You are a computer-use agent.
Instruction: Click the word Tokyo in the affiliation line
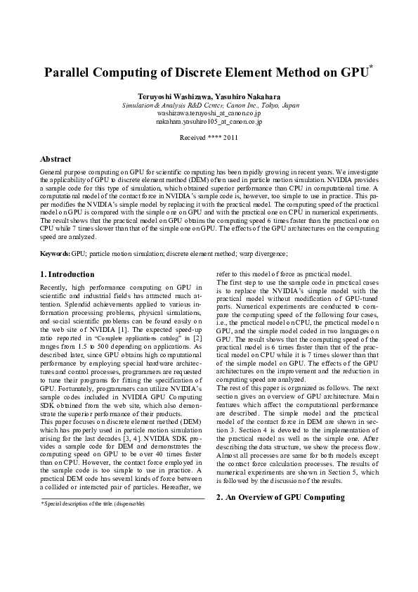point(261,105)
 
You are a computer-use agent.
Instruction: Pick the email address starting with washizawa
point(209,113)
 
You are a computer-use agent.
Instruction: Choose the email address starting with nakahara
point(209,122)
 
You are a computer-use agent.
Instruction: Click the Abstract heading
point(55,160)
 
